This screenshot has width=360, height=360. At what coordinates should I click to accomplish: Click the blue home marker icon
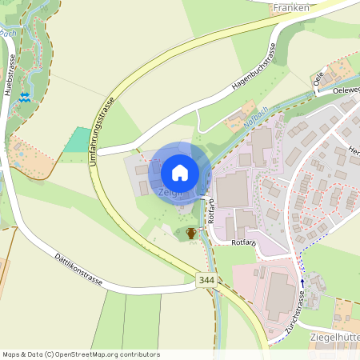(179, 172)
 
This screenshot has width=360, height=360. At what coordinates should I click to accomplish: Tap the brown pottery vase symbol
(191, 234)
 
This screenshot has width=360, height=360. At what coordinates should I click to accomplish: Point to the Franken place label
(290, 7)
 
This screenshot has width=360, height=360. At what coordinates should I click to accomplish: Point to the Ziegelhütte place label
(334, 338)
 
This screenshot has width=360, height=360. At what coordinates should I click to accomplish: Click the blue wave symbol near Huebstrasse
(25, 97)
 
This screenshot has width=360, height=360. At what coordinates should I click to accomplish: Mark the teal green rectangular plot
(78, 140)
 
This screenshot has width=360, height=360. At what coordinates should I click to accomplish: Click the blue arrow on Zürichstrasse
(302, 282)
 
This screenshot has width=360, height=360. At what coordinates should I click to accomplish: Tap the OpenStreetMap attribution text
(81, 354)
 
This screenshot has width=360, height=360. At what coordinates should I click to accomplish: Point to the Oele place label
(318, 78)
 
